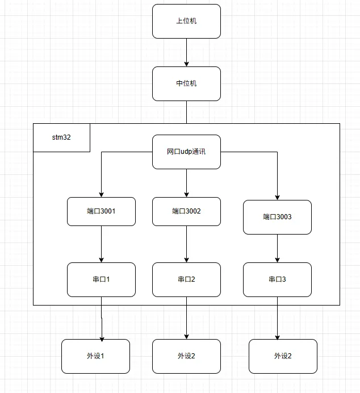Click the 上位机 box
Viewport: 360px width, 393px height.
(x=186, y=22)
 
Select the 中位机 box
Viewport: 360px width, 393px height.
(x=186, y=83)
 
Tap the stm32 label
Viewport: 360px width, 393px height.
(x=61, y=137)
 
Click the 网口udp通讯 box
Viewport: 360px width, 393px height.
(x=186, y=152)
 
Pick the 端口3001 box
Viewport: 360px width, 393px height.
(x=101, y=211)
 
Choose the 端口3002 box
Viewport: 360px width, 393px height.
(x=186, y=211)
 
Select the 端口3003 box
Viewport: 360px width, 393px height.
(x=277, y=217)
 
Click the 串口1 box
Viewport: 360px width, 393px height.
(x=101, y=279)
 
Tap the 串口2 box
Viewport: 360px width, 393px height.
(x=186, y=279)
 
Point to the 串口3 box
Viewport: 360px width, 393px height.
(x=277, y=279)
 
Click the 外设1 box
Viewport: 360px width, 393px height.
(x=95, y=356)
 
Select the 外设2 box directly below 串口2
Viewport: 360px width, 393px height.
(x=186, y=356)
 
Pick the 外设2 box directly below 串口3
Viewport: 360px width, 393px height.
(x=283, y=356)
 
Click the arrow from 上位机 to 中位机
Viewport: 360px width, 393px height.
(x=186, y=52)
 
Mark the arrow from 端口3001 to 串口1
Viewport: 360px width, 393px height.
(x=101, y=244)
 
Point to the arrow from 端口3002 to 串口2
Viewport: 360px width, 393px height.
(x=186, y=244)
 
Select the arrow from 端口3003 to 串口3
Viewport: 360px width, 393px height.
(x=277, y=248)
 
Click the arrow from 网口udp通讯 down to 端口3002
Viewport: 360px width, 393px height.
(x=186, y=183)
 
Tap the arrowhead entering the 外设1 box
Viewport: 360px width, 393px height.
(x=102, y=337)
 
